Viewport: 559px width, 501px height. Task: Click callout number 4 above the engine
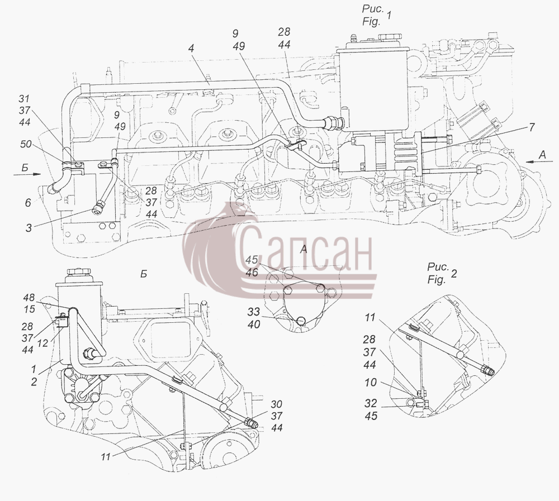pyautogui.click(x=191, y=48)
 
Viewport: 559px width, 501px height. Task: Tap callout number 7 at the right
pyautogui.click(x=532, y=127)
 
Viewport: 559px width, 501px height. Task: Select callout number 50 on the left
pyautogui.click(x=26, y=144)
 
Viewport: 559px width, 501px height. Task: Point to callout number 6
pyautogui.click(x=28, y=202)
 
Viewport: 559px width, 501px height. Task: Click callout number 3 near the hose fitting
pyautogui.click(x=29, y=228)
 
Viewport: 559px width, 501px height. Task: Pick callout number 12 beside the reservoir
pyautogui.click(x=42, y=343)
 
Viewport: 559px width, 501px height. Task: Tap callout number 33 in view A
pyautogui.click(x=254, y=312)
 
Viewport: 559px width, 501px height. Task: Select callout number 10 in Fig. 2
pyautogui.click(x=371, y=383)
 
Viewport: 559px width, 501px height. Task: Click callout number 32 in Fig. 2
pyautogui.click(x=371, y=403)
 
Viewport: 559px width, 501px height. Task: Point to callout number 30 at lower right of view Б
pyautogui.click(x=276, y=404)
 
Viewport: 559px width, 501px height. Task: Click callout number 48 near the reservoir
pyautogui.click(x=29, y=297)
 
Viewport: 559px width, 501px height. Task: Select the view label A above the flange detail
pyautogui.click(x=304, y=250)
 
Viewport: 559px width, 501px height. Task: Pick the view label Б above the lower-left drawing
pyautogui.click(x=143, y=274)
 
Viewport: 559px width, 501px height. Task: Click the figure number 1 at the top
pyautogui.click(x=389, y=15)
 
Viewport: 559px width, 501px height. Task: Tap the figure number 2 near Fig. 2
pyautogui.click(x=454, y=274)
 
